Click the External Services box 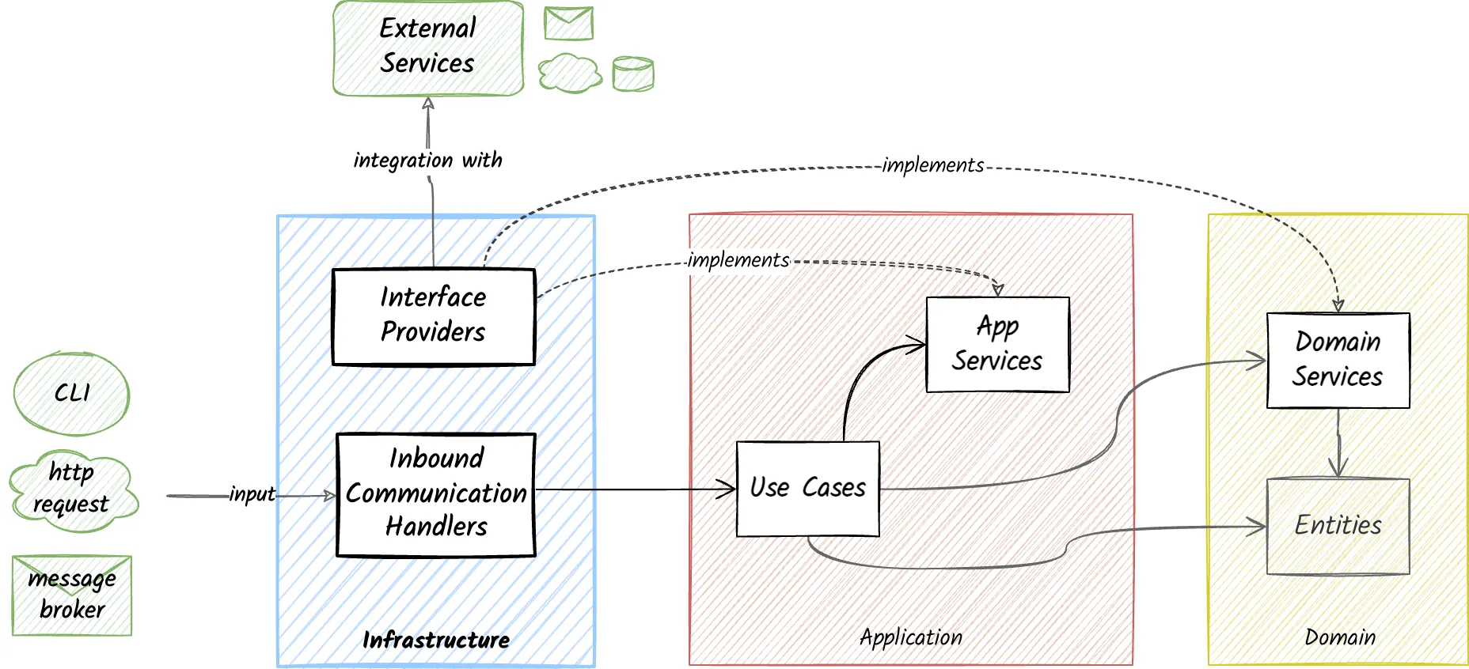click(428, 47)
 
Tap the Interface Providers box click(433, 316)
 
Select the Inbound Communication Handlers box click(436, 494)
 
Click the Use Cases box click(807, 489)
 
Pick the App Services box click(997, 345)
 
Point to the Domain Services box click(1338, 361)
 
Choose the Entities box click(1338, 526)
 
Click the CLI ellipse click(71, 394)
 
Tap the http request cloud click(73, 490)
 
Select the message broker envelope click(72, 595)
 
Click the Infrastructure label click(436, 640)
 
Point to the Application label click(911, 637)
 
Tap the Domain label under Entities click(1340, 637)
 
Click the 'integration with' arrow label click(427, 161)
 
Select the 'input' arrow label click(252, 494)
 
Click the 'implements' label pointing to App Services click(738, 260)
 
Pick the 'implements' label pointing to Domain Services click(933, 165)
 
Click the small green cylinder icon click(633, 74)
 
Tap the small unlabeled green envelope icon click(568, 23)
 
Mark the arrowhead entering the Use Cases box click(728, 489)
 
